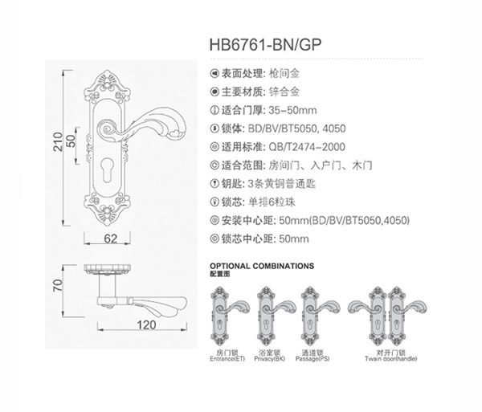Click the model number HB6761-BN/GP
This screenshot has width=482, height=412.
pyautogui.click(x=265, y=45)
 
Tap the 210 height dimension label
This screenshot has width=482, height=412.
pyautogui.click(x=58, y=141)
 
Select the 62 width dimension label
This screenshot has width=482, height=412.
pyautogui.click(x=111, y=239)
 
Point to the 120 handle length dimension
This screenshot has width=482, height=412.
pyautogui.click(x=147, y=324)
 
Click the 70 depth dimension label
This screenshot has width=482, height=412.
pyautogui.click(x=58, y=285)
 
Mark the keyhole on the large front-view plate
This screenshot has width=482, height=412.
pyautogui.click(x=108, y=171)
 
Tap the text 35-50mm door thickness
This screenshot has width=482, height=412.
pyautogui.click(x=292, y=110)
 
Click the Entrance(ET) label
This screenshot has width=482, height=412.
pyautogui.click(x=227, y=359)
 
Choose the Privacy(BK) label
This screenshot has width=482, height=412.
pyautogui.click(x=270, y=359)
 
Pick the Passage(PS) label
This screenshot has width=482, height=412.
pyautogui.click(x=312, y=359)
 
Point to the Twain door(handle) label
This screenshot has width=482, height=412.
pyautogui.click(x=391, y=359)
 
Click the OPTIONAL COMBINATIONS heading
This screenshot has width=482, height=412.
pyautogui.click(x=262, y=266)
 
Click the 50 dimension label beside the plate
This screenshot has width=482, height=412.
pyautogui.click(x=71, y=141)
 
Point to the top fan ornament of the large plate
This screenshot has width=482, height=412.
pyautogui.click(x=108, y=80)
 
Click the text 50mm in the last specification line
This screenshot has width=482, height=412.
pyautogui.click(x=294, y=239)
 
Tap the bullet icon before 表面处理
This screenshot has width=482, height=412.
pyautogui.click(x=214, y=74)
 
